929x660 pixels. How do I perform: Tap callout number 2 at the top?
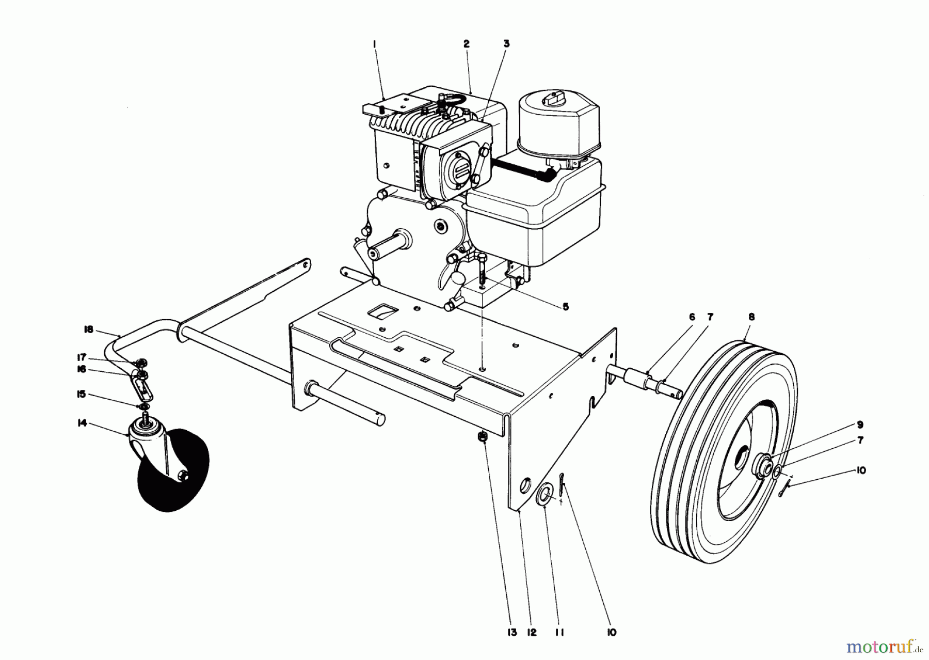pos(466,44)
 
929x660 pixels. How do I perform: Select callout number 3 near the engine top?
pos(506,44)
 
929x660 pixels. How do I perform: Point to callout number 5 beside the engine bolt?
pos(565,307)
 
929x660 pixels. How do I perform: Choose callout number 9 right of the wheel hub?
pos(859,425)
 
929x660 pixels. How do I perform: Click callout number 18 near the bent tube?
pos(88,329)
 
